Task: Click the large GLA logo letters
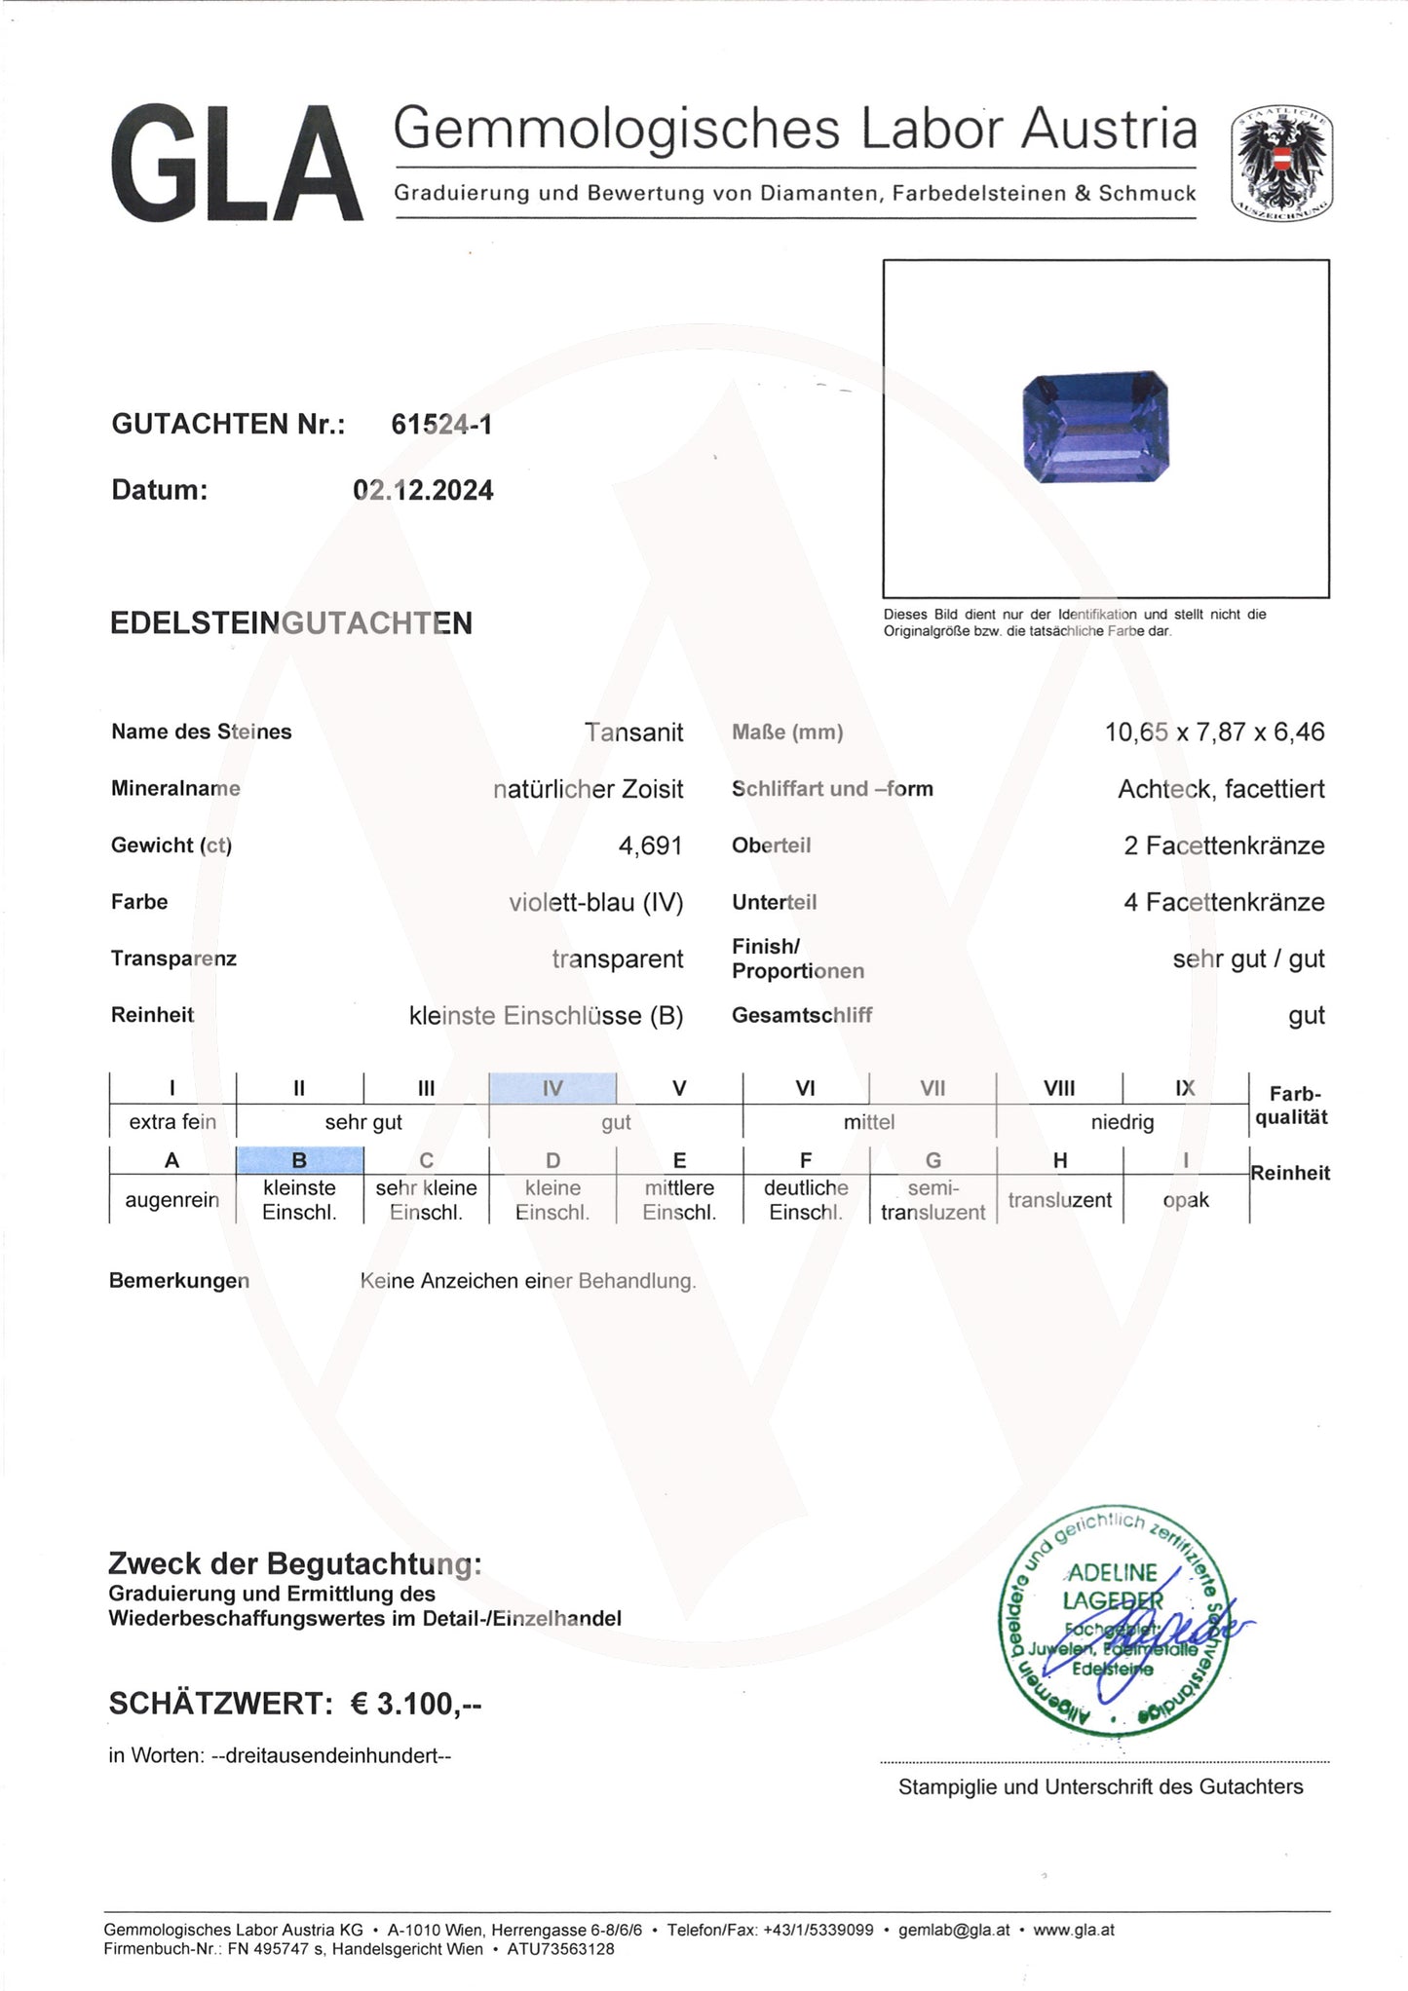point(236,164)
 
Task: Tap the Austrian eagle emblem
point(1281,163)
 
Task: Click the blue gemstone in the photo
point(1095,426)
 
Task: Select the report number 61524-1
point(441,424)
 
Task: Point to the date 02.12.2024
point(423,490)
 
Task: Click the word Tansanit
point(633,732)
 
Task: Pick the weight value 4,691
point(650,845)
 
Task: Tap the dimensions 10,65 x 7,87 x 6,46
point(1214,732)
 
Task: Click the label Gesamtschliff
point(801,1015)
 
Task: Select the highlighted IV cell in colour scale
point(552,1088)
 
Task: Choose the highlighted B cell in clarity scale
point(299,1160)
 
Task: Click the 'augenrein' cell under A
point(172,1200)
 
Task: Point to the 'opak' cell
point(1185,1200)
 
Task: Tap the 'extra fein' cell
point(172,1122)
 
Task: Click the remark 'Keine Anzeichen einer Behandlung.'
point(528,1281)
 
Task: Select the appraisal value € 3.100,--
point(416,1704)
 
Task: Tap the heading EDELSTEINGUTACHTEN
point(291,623)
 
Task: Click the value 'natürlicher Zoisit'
point(588,789)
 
